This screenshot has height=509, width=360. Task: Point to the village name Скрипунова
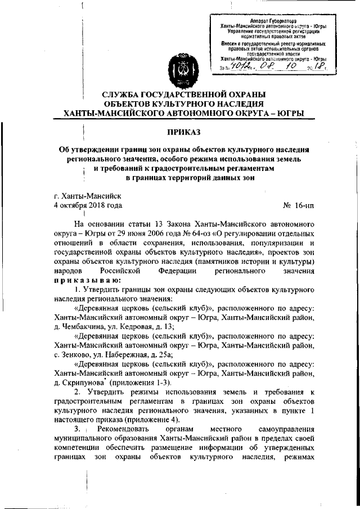(x=85, y=380)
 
